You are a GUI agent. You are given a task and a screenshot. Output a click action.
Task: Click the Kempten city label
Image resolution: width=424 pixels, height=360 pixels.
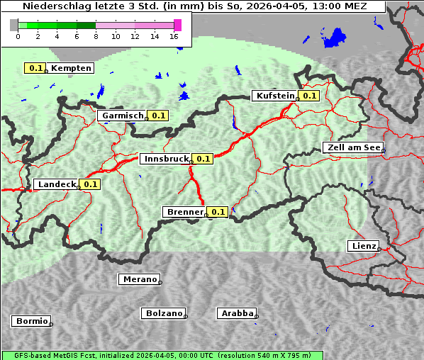pyautogui.click(x=71, y=68)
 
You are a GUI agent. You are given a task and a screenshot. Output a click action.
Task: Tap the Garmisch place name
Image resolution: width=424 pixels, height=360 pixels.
pyautogui.click(x=122, y=116)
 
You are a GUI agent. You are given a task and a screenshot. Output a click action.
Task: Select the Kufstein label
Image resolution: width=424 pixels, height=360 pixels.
pyautogui.click(x=275, y=96)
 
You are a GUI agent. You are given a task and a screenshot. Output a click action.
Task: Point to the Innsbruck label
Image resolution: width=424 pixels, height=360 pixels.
pyautogui.click(x=166, y=159)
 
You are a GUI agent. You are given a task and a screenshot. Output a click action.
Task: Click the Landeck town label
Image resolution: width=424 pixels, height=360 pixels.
pyautogui.click(x=56, y=184)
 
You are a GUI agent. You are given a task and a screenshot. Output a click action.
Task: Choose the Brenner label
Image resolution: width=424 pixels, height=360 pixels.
pyautogui.click(x=184, y=212)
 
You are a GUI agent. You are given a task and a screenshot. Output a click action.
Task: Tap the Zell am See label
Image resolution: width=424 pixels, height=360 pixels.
pyautogui.click(x=352, y=147)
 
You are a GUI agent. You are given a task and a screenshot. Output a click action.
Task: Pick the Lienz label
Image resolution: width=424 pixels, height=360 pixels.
pyautogui.click(x=363, y=246)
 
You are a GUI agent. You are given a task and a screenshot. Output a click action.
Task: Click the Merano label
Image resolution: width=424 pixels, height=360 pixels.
pyautogui.click(x=139, y=279)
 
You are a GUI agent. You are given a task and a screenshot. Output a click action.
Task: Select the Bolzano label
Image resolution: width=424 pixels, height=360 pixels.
pyautogui.click(x=164, y=313)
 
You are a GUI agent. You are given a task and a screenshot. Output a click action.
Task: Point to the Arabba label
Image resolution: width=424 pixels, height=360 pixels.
pyautogui.click(x=236, y=313)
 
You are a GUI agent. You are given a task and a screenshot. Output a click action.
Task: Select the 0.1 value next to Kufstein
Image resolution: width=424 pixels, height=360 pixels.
pyautogui.click(x=308, y=96)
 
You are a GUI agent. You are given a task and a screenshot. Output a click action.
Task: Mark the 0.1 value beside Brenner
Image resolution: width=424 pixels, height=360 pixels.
pyautogui.click(x=217, y=212)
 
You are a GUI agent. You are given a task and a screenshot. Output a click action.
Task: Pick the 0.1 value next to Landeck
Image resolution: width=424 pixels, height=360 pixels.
pyautogui.click(x=90, y=184)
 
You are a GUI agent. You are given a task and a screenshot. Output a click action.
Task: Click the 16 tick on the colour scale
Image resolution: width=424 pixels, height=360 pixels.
pyautogui.click(x=174, y=36)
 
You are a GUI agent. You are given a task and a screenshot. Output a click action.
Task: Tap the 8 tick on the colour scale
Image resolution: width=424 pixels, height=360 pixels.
pyautogui.click(x=96, y=36)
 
